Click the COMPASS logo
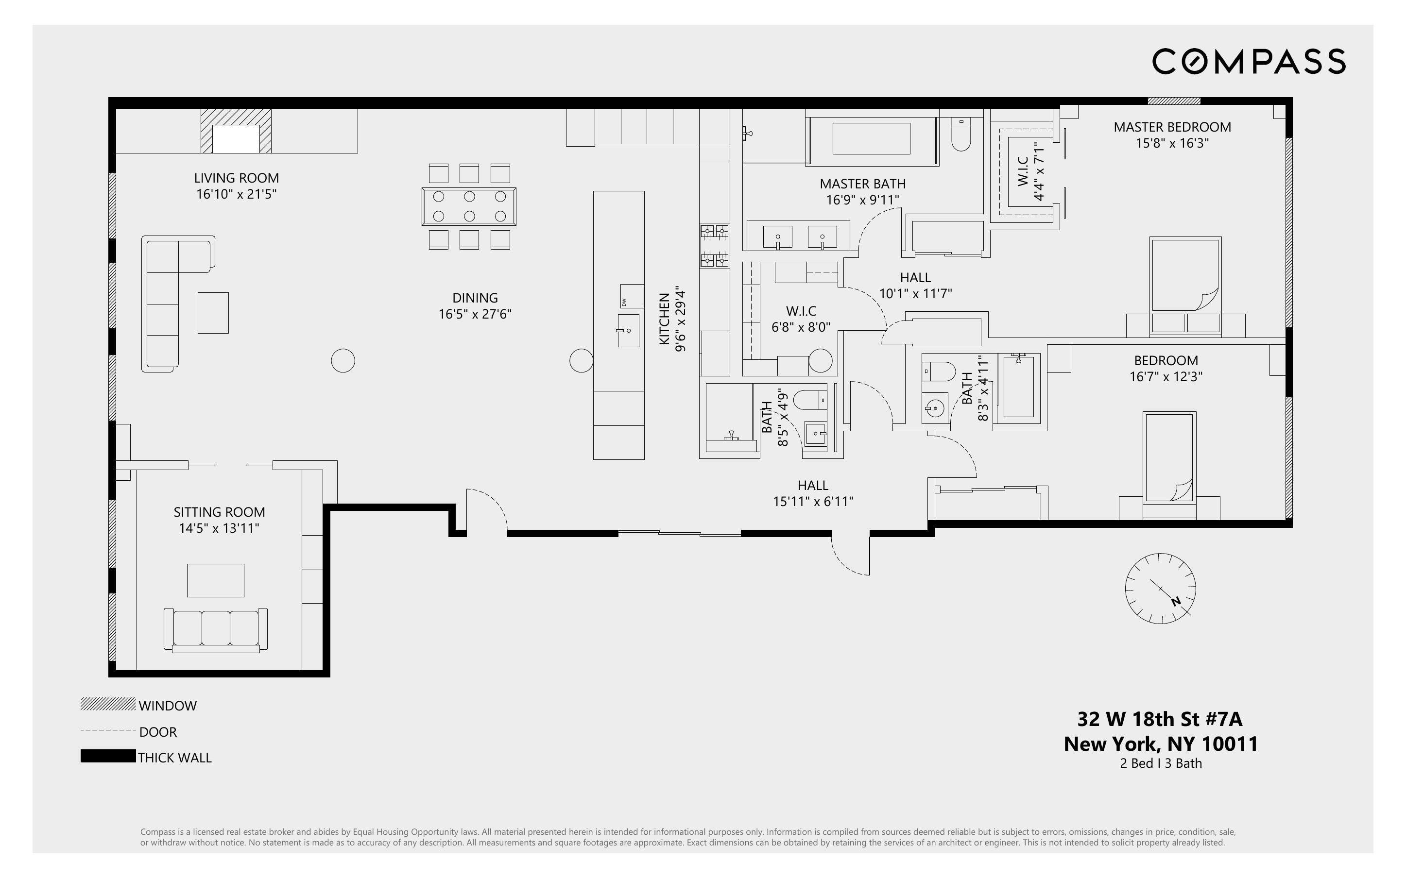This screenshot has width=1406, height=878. pos(1249,61)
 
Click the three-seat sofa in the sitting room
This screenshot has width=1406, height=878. pos(215,629)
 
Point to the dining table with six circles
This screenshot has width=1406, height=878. pos(469,206)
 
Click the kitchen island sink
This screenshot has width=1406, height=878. pos(628,330)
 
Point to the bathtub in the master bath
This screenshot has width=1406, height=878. pos(871,138)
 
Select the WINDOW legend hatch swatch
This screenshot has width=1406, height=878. pos(107,704)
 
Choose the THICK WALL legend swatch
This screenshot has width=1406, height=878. pos(107,756)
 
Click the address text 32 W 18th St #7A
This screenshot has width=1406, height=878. pos(1160,719)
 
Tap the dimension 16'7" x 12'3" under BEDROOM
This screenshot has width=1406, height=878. pos(1165,376)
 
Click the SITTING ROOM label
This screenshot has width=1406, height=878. pos(219,511)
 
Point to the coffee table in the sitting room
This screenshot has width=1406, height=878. pos(215,580)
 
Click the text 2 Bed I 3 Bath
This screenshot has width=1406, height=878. pos(1160,763)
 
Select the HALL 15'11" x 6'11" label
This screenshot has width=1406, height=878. pos(812,493)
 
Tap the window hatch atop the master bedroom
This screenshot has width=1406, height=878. pos(1173,101)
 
